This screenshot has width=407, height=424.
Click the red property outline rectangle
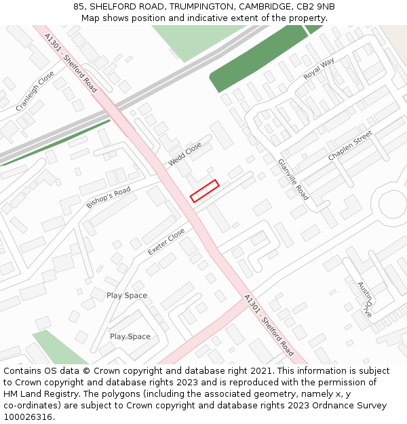(204, 191)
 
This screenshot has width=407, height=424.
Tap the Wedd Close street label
(185, 154)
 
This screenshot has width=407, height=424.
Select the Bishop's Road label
(108, 197)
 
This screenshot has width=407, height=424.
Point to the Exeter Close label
(166, 242)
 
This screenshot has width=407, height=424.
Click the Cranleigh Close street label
(35, 92)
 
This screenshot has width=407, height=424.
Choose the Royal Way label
(319, 69)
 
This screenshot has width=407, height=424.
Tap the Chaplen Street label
(350, 146)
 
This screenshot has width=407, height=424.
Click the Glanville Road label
(293, 180)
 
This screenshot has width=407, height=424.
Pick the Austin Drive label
(365, 300)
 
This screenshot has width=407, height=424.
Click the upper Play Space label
(127, 296)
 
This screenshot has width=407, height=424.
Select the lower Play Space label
(130, 336)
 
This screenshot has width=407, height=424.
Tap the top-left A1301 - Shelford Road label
(71, 63)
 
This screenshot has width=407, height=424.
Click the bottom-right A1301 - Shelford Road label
(269, 326)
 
